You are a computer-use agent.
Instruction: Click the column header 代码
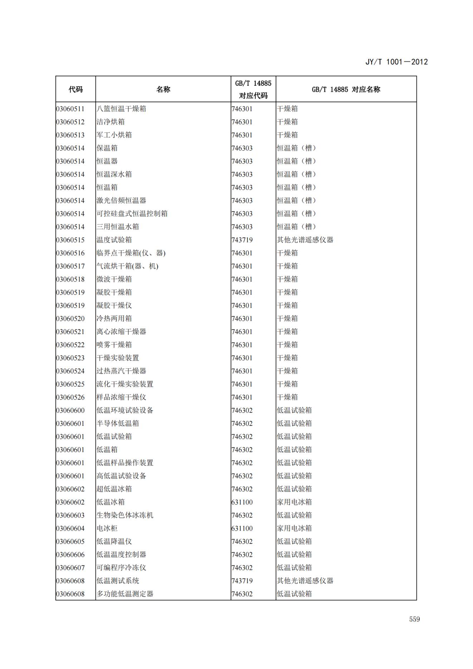[x=75, y=89]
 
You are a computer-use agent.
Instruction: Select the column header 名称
[x=163, y=89]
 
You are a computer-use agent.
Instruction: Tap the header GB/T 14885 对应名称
[x=346, y=89]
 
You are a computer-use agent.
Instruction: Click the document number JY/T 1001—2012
[x=396, y=62]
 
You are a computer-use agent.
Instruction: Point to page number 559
[x=414, y=619]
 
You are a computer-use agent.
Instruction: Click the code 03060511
[x=70, y=109]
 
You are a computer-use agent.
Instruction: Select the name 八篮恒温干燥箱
[x=121, y=109]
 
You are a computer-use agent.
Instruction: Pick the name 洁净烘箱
[x=110, y=122]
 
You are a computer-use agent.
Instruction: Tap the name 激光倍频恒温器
[x=121, y=201]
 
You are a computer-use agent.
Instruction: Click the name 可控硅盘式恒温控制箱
[x=132, y=214]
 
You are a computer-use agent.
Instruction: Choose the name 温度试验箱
[x=114, y=240]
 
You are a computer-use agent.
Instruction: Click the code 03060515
[x=70, y=240]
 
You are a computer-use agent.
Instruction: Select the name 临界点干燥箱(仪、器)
[x=131, y=253]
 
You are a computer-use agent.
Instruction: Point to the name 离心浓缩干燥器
[x=121, y=332]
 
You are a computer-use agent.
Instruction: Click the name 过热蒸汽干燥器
[x=121, y=371]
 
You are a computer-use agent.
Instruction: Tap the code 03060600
[x=70, y=410]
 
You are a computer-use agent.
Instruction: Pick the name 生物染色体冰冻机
[x=125, y=515]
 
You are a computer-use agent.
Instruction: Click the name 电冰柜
[x=107, y=528]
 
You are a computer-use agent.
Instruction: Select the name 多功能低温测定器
[x=125, y=594]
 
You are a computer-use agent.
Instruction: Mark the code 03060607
[x=70, y=568]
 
